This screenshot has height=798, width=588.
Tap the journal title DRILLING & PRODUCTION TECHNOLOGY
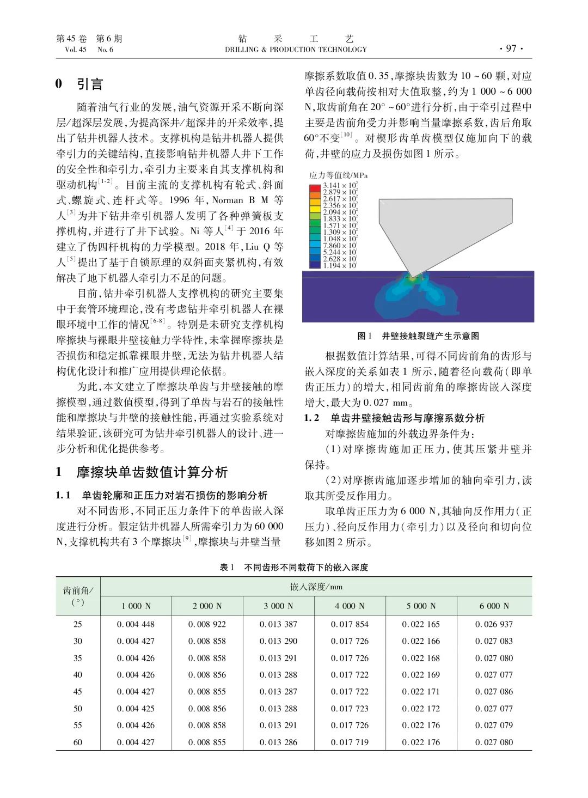coord(296,50)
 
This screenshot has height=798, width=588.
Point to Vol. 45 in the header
coord(75,50)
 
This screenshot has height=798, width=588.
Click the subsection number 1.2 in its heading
coord(311,418)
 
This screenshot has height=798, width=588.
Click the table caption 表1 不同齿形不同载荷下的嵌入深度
coord(294,567)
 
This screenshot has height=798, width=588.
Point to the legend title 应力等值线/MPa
coord(339,175)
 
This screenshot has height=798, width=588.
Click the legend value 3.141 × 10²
coord(340,186)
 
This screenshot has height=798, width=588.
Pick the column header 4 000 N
coord(350,606)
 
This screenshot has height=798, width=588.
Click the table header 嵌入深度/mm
coord(316,587)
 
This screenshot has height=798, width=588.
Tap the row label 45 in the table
coord(78,691)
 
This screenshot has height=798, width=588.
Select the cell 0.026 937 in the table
coord(494,624)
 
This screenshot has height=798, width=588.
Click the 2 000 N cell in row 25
coord(207,624)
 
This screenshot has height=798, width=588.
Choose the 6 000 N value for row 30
coord(494,641)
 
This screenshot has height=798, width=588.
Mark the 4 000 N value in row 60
coord(350,742)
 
